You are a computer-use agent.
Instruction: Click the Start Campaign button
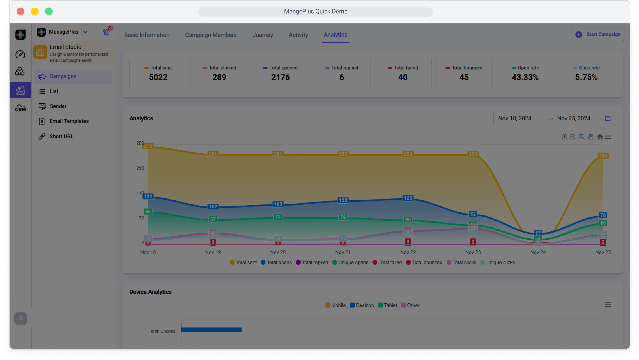598,35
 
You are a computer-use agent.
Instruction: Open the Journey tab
263,35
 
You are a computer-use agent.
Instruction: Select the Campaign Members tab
211,35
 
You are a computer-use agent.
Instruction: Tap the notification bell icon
106,32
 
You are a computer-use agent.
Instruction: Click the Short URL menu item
61,136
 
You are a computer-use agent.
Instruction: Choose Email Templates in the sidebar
69,121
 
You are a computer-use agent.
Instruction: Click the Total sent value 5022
158,77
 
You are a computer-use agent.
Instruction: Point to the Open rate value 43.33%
525,77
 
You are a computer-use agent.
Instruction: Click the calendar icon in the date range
608,118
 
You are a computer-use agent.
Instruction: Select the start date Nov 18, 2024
515,118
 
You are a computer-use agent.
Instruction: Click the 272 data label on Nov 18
148,146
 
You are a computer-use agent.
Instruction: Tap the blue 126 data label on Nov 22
408,198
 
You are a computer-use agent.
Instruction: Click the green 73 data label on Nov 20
278,217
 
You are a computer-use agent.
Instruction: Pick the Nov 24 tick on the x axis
538,252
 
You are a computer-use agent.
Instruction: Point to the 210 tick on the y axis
140,168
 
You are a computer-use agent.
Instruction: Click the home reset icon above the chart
600,137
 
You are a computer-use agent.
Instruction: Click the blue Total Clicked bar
211,330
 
